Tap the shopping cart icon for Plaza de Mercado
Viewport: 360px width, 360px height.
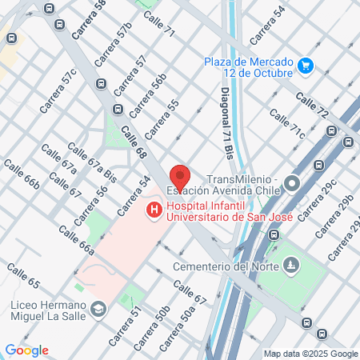tap(305, 65)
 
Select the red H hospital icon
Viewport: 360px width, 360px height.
tap(153, 211)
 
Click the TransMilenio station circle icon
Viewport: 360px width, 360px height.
tap(292, 183)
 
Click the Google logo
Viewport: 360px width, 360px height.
tap(26, 350)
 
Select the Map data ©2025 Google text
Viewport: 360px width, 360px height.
tap(311, 354)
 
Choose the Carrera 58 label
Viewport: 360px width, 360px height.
tap(88, 20)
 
